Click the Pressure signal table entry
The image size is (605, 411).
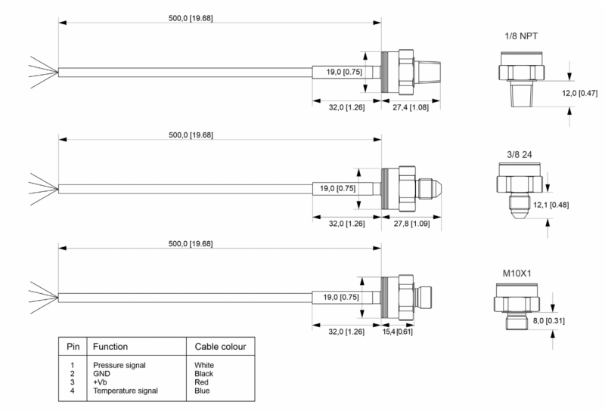125,365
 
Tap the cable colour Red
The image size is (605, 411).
201,382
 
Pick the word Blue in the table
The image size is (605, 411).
202,391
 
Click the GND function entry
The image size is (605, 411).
101,373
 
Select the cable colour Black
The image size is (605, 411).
204,373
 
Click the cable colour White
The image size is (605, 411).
204,365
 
